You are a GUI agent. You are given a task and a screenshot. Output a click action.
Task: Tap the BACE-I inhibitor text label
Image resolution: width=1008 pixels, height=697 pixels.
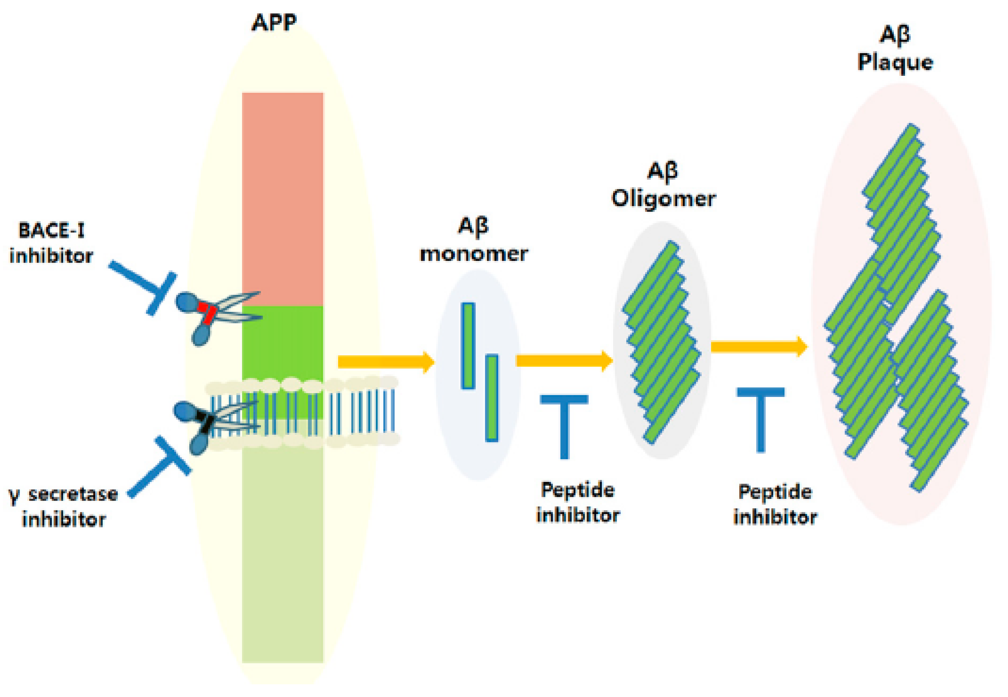[x=51, y=243]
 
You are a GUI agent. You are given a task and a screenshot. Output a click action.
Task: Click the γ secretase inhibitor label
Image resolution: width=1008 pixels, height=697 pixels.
[x=63, y=506]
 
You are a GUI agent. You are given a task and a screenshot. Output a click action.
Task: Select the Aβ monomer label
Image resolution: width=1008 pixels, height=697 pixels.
[x=474, y=240]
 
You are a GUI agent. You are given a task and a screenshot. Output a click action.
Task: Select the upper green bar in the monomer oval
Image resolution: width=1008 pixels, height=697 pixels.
[x=468, y=346]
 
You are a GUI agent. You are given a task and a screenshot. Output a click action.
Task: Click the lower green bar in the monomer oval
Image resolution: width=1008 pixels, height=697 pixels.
[x=492, y=397]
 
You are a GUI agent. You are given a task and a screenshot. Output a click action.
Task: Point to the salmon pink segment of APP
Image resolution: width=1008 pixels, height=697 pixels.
[x=282, y=199]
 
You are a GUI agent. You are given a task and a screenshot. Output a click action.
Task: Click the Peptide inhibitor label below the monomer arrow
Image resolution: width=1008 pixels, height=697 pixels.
[x=578, y=502]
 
